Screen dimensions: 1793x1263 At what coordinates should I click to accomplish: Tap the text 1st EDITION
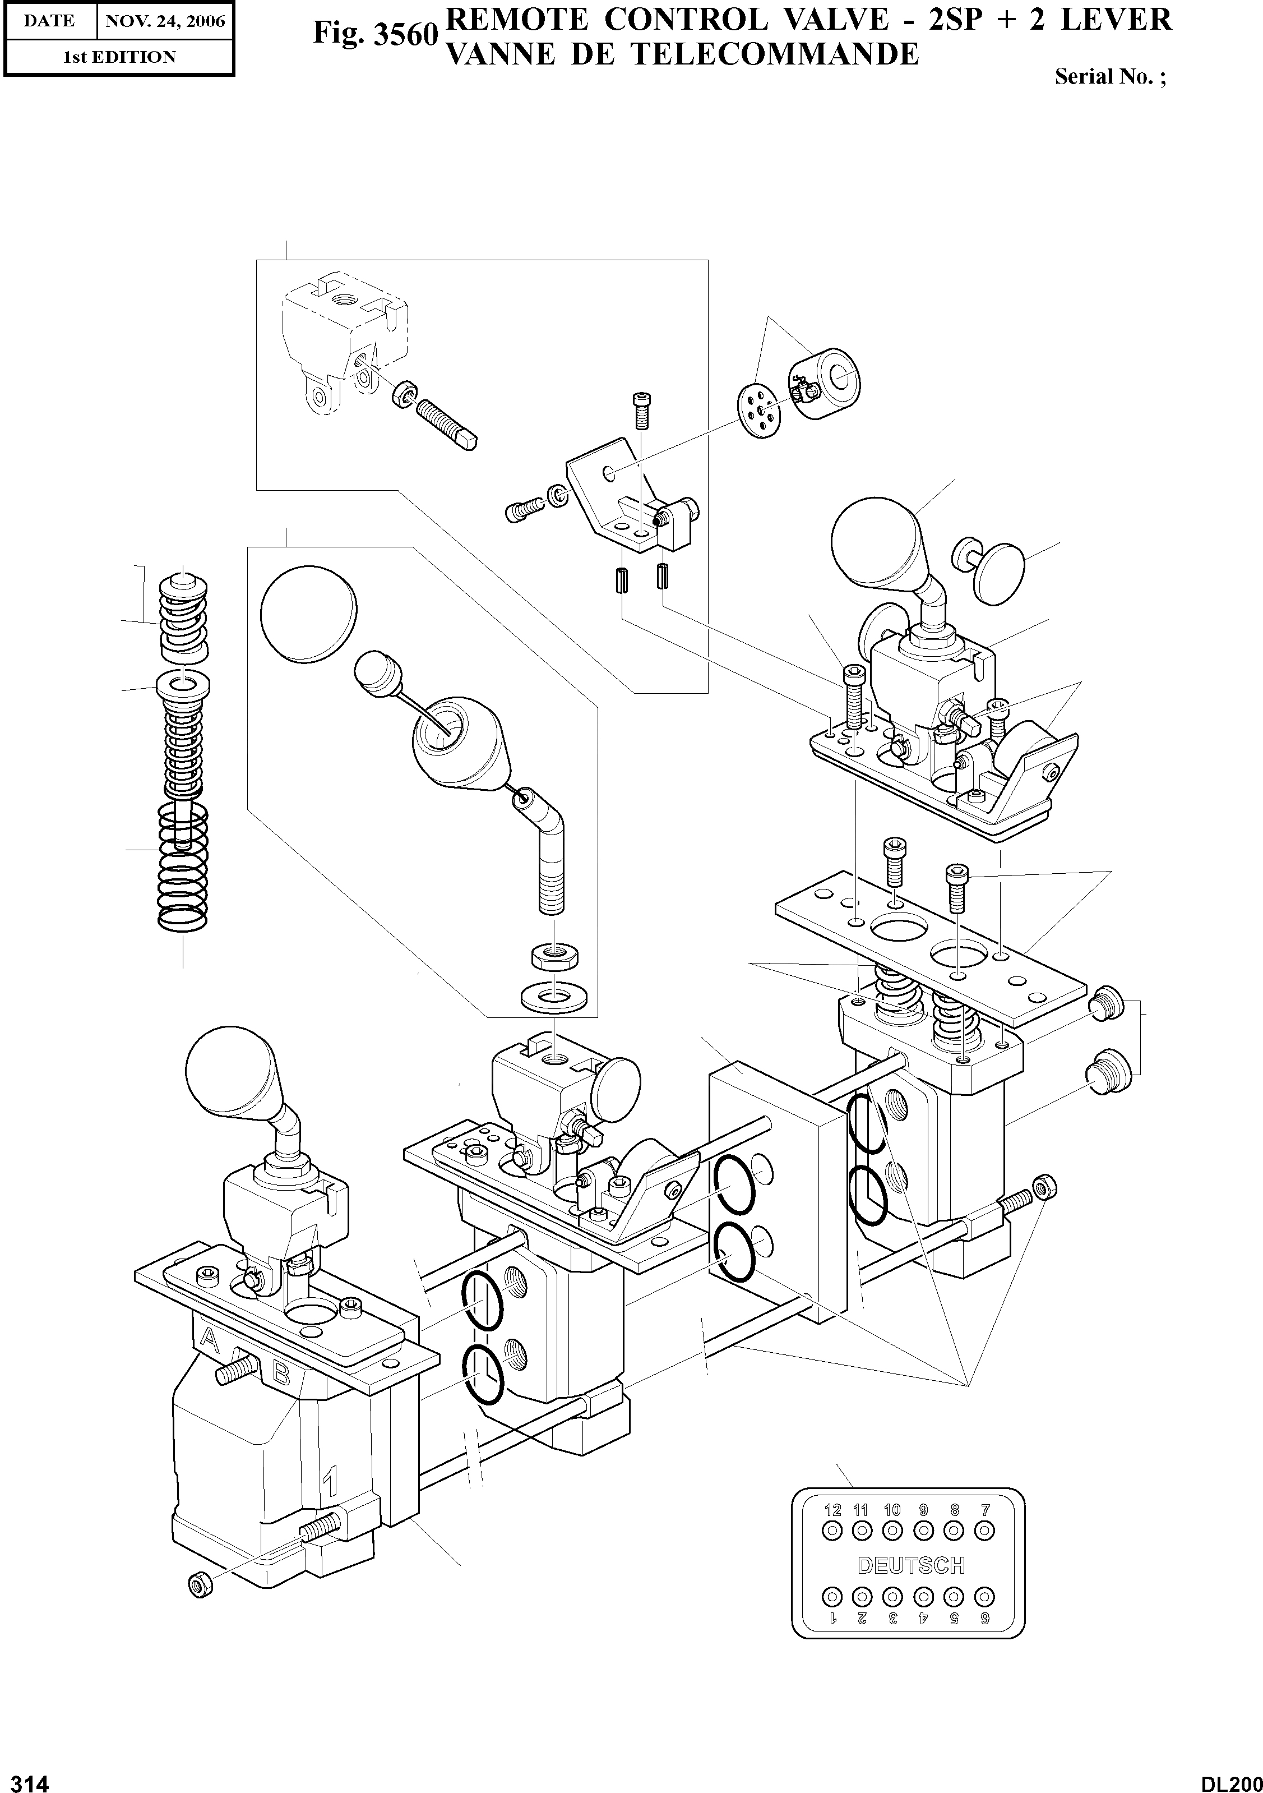point(119,57)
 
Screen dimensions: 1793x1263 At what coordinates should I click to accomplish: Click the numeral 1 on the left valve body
point(330,1480)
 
